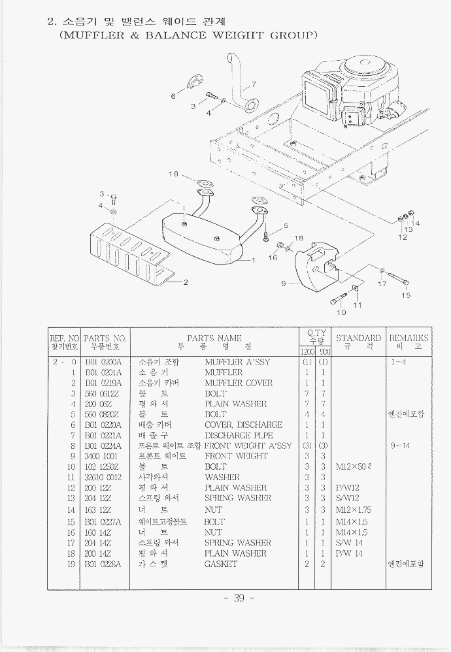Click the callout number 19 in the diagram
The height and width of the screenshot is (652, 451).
(x=173, y=174)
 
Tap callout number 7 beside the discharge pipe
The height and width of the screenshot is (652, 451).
(x=254, y=84)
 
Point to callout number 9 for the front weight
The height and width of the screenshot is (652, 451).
(x=283, y=284)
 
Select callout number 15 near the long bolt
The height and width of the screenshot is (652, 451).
(x=406, y=295)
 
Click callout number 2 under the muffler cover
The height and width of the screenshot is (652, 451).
(x=185, y=282)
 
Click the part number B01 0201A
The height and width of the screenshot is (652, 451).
(x=103, y=372)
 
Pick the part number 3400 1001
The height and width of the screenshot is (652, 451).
(x=102, y=456)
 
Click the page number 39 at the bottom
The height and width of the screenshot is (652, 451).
(x=239, y=598)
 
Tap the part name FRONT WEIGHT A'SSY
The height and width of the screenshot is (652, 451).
(x=248, y=446)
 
